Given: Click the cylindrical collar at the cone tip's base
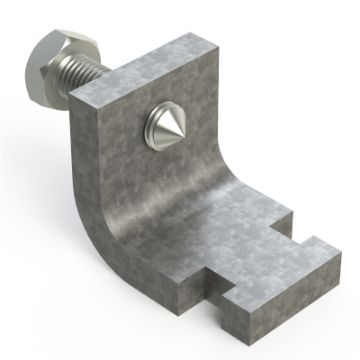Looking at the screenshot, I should [x=147, y=124].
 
